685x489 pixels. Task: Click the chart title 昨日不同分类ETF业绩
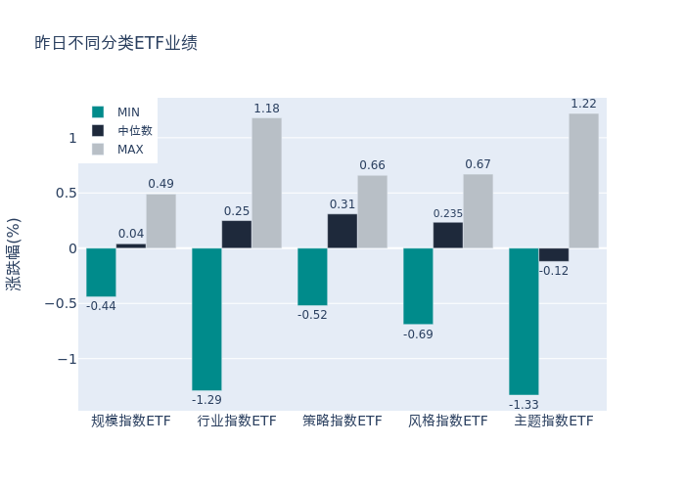point(115,43)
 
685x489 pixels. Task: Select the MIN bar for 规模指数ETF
point(101,272)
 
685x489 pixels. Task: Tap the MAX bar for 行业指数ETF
point(266,183)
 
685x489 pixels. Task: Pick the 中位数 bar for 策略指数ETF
point(342,231)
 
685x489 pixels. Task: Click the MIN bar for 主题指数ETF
point(524,321)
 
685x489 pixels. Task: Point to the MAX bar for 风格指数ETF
point(478,211)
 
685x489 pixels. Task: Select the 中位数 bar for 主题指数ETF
point(553,254)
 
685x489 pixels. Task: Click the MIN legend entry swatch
point(98,112)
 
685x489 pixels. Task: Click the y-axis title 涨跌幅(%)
point(14,253)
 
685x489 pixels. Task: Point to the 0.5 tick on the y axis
point(65,193)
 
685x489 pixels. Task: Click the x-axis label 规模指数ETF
point(131,422)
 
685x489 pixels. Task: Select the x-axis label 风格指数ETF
point(448,422)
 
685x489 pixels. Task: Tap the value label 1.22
point(583,104)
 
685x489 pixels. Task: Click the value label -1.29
point(206,400)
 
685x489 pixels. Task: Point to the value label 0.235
point(448,214)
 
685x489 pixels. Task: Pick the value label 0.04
point(131,234)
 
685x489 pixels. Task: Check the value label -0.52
point(312,315)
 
